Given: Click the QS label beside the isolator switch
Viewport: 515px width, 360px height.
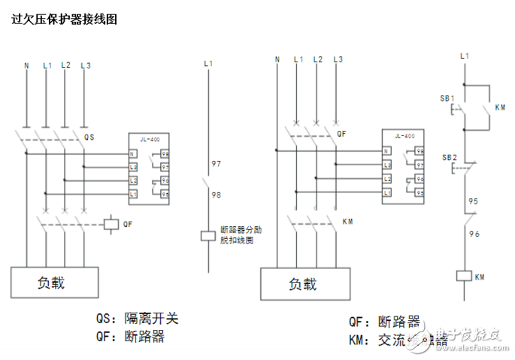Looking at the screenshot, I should [x=89, y=138].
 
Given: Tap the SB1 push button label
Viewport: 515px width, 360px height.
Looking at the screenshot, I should [x=447, y=98].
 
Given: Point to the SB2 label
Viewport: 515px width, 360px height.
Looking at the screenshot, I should [x=448, y=157].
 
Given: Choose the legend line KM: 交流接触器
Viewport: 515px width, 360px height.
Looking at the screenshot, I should [x=398, y=340].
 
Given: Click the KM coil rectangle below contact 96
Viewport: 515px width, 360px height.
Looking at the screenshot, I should [x=464, y=275].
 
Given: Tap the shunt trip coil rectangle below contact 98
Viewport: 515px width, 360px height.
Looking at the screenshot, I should [x=208, y=236].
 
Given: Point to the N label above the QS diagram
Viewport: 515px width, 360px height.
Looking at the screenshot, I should [x=26, y=65].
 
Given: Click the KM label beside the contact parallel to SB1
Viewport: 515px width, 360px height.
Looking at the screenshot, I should [x=501, y=107].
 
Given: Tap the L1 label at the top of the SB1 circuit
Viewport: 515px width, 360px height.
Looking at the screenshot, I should [x=464, y=56].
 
